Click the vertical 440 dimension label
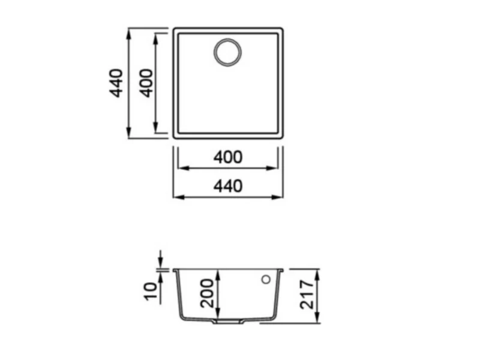(x=116, y=83)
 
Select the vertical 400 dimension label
(x=146, y=83)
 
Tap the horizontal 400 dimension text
(x=228, y=157)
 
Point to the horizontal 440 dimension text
(x=228, y=186)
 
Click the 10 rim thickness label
(x=151, y=291)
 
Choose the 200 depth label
(x=207, y=293)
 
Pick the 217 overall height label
(x=307, y=295)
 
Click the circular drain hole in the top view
(x=227, y=52)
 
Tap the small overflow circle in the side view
(x=266, y=279)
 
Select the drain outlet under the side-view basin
(x=228, y=322)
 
